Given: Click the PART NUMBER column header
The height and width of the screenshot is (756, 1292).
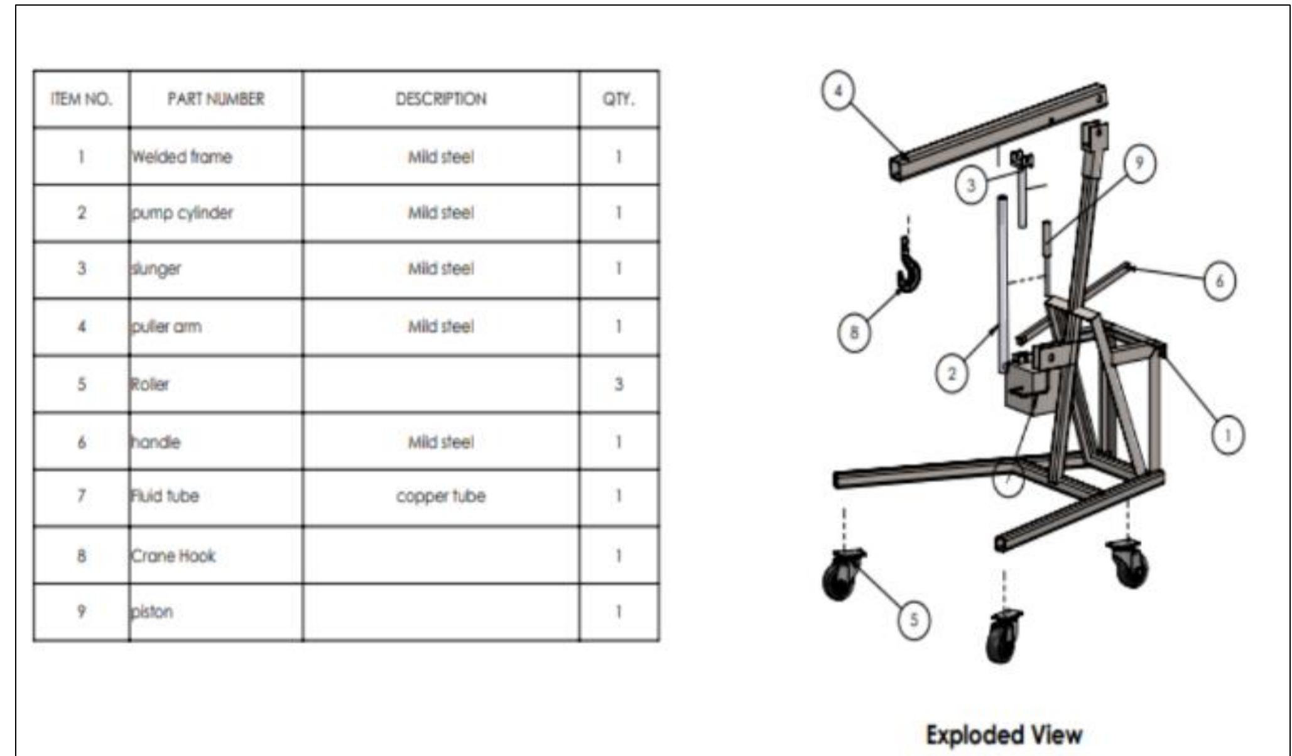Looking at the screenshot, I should pyautogui.click(x=215, y=99).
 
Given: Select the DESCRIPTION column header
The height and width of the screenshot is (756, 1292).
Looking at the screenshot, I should pyautogui.click(x=440, y=99).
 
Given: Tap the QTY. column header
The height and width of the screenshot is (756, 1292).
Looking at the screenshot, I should pyautogui.click(x=619, y=99).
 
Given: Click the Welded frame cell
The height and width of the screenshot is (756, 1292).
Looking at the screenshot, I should pyautogui.click(x=182, y=156).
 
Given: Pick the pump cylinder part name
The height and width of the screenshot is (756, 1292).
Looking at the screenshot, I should pyautogui.click(x=182, y=213).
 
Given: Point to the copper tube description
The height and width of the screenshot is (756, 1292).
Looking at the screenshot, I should pyautogui.click(x=440, y=496).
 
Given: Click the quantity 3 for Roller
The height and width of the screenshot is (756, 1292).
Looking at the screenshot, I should pyautogui.click(x=619, y=384).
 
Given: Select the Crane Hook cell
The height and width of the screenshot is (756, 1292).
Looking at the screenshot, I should pyautogui.click(x=173, y=556).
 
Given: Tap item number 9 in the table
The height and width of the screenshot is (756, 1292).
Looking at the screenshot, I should pyautogui.click(x=82, y=611).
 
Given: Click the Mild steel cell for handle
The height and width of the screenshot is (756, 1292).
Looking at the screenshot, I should pyautogui.click(x=440, y=442).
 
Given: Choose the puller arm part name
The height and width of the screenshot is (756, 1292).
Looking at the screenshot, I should pyautogui.click(x=166, y=327).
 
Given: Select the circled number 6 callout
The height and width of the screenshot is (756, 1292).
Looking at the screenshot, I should pyautogui.click(x=1219, y=281).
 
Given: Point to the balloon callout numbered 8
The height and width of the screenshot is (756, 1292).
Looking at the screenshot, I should pyautogui.click(x=854, y=332).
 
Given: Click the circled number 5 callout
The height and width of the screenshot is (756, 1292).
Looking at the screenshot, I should pyautogui.click(x=914, y=620).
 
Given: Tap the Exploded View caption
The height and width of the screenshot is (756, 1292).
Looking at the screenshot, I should pyautogui.click(x=1004, y=735).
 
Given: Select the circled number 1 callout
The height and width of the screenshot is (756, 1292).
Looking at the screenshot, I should pyautogui.click(x=1228, y=435).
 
